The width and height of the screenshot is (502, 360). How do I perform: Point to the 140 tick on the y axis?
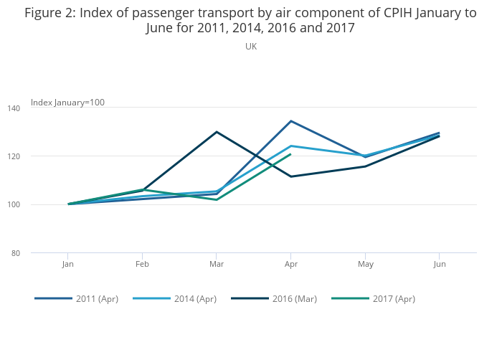36,108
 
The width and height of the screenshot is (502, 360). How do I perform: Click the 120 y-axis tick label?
36,156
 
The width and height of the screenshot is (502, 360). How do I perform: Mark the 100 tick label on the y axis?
36,205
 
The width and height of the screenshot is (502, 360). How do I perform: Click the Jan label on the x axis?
67,264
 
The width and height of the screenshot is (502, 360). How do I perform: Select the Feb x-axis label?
142,264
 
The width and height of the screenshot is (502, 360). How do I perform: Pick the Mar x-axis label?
217,264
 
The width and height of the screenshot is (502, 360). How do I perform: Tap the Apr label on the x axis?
290,264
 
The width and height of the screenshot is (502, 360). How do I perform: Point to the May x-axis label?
365,264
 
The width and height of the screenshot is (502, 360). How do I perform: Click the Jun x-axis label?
440,264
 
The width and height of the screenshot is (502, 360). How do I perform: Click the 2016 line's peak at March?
217,132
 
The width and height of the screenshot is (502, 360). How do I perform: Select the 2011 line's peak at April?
290,120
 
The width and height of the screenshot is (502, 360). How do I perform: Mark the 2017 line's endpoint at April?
290,154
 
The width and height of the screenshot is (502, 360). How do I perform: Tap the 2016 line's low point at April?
290,176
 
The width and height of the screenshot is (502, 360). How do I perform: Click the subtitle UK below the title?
251,47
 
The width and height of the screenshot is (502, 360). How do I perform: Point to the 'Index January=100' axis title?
67,103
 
